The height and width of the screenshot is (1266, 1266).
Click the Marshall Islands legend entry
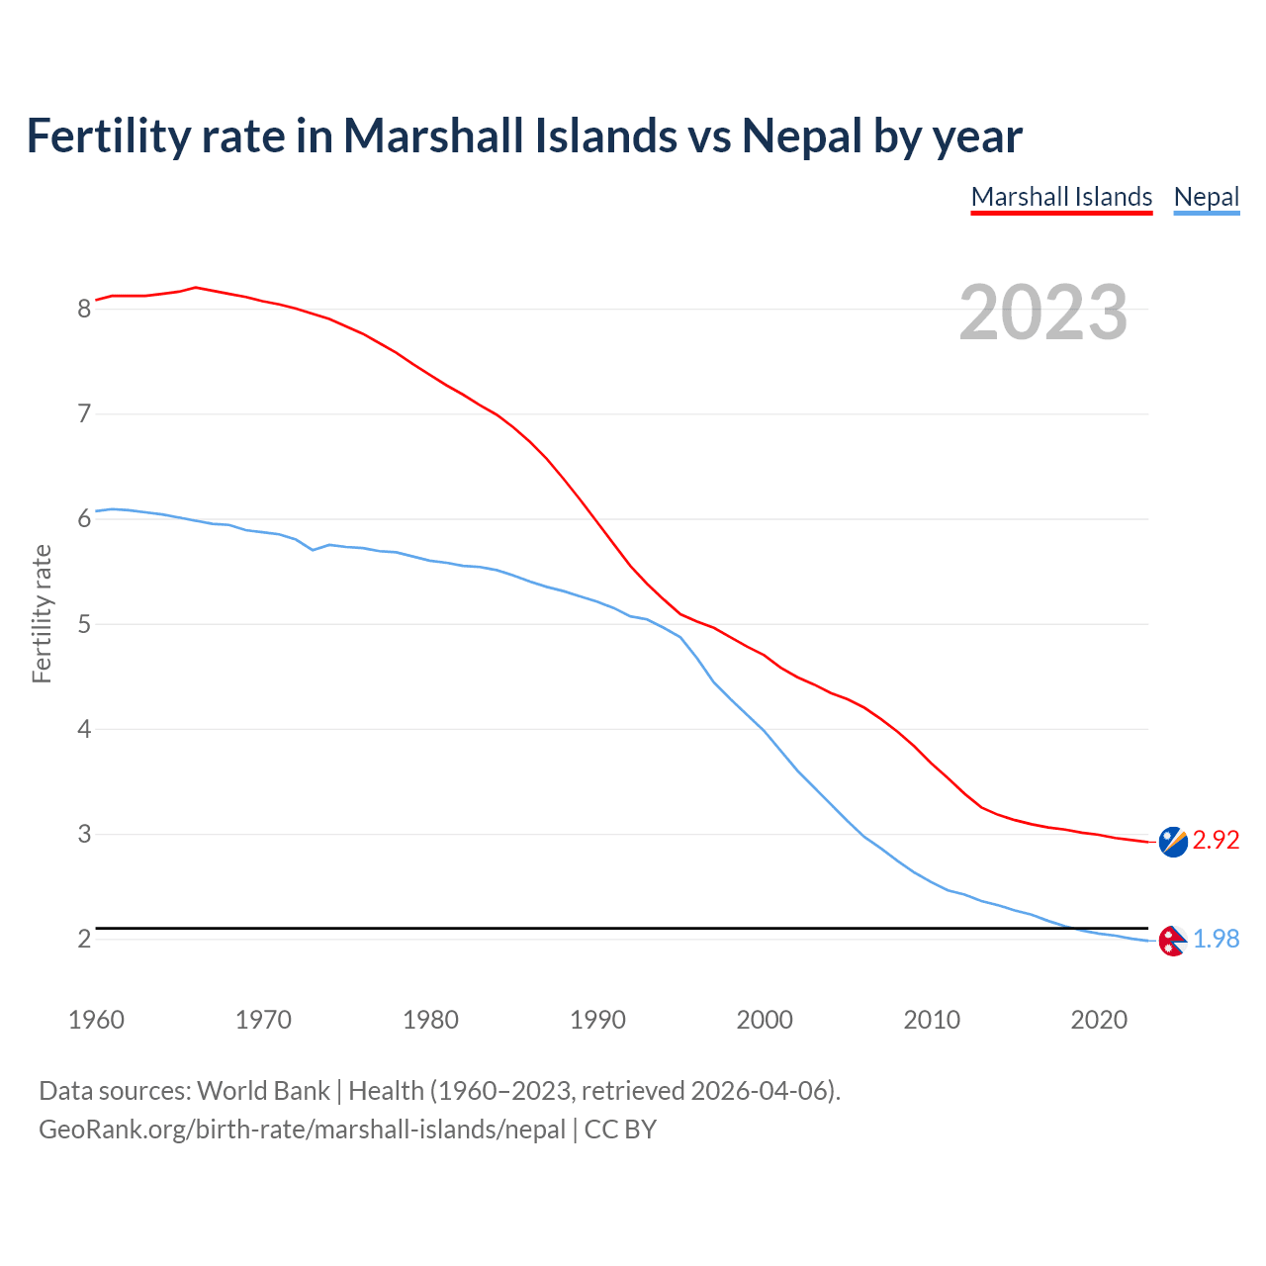(x=1061, y=197)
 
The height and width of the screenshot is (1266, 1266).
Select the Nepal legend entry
(x=1206, y=197)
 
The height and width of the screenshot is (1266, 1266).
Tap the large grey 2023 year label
(x=1042, y=313)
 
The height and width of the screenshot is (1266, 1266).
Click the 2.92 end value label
(x=1216, y=840)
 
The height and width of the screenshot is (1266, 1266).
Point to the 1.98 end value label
(x=1216, y=939)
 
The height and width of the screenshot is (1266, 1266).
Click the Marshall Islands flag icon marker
(x=1173, y=842)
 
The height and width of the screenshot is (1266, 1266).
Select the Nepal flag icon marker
(x=1172, y=941)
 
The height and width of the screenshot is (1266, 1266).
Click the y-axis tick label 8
(x=84, y=309)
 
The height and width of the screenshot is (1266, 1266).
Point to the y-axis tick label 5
(x=84, y=624)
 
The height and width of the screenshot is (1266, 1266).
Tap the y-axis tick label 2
(x=84, y=939)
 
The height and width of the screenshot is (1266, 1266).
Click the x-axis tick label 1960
(x=96, y=1020)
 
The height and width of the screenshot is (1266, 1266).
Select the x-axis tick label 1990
(x=597, y=1020)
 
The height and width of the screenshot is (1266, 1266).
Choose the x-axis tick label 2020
(x=1099, y=1020)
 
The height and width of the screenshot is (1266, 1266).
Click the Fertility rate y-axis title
(x=42, y=613)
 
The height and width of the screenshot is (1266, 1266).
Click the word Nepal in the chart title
(x=802, y=136)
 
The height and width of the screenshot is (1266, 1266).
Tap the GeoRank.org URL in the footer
(x=302, y=1129)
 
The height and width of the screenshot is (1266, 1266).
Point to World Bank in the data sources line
(x=263, y=1090)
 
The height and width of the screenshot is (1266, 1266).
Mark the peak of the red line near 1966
(x=196, y=287)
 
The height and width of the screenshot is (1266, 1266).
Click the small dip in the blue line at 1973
(x=313, y=549)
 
